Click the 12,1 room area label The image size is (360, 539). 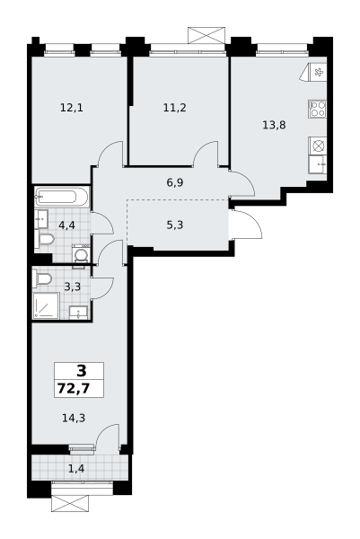(x=72, y=109)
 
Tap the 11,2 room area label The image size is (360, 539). (x=174, y=109)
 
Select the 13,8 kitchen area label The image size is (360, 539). (x=274, y=125)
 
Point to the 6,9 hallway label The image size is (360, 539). (x=175, y=183)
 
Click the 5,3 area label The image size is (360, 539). (x=175, y=225)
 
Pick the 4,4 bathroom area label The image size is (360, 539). (x=66, y=225)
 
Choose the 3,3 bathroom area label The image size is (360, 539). (x=73, y=287)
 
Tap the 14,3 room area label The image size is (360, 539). (x=74, y=418)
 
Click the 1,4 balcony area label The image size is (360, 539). (x=76, y=468)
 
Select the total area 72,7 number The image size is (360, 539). (x=74, y=389)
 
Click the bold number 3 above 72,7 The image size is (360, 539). (x=82, y=371)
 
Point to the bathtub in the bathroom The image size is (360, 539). (x=61, y=197)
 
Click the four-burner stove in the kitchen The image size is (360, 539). (x=318, y=109)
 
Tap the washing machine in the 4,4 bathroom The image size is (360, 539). (x=81, y=254)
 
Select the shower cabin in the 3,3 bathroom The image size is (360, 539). (x=46, y=305)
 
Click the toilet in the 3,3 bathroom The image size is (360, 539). (x=42, y=278)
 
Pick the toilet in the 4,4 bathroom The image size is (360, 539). (x=44, y=239)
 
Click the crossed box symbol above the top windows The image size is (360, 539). (x=206, y=35)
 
